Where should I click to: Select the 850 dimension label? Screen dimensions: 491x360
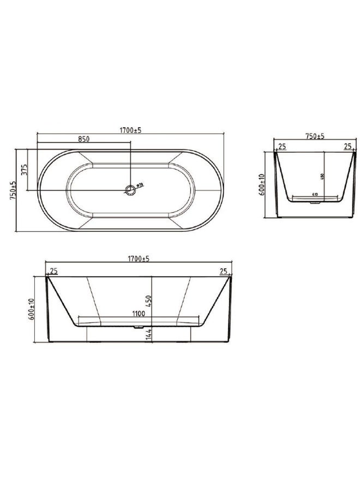pos(83,139)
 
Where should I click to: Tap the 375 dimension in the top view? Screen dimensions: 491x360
pos(23,170)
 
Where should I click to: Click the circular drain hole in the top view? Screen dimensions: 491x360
pos(130,190)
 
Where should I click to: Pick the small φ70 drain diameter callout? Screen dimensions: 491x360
pos(139,185)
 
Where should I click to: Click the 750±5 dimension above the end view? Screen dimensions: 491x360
pos(315,136)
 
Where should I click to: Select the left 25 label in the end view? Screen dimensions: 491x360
pos(282,146)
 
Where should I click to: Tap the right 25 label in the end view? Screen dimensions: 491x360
pos(347,146)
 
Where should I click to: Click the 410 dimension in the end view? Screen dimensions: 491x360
pos(315,194)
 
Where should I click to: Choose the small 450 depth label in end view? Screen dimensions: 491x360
pos(322,177)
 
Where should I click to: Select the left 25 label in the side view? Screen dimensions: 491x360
pos(54,271)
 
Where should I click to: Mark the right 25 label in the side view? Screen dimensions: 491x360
pos(223,271)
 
